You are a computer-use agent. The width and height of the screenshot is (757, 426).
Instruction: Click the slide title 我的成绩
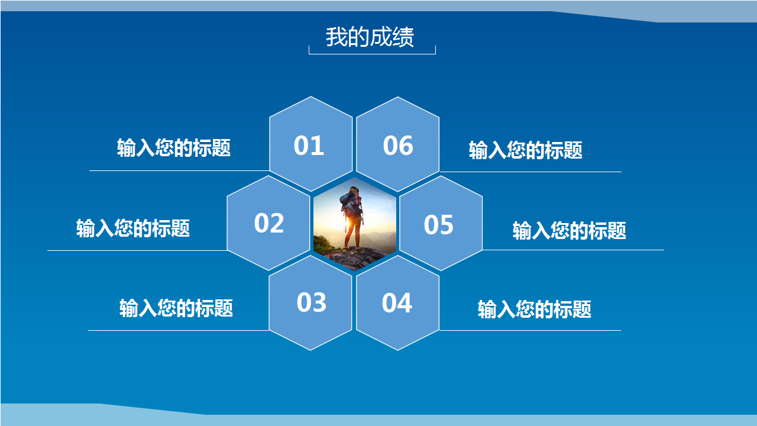[x=370, y=37]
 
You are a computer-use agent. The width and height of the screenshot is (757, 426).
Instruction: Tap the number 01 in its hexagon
[x=309, y=146]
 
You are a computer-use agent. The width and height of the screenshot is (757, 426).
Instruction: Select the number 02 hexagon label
[x=269, y=223]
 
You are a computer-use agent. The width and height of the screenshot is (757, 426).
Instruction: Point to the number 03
[x=311, y=302]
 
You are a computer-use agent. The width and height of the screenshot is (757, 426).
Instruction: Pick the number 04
[x=397, y=303]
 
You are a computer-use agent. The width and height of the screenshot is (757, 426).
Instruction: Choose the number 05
[x=439, y=224]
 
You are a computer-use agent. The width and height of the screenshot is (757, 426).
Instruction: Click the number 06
[x=398, y=146]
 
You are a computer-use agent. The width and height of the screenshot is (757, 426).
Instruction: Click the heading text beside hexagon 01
[x=174, y=148]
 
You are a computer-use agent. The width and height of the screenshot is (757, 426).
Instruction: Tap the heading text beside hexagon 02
[x=133, y=228]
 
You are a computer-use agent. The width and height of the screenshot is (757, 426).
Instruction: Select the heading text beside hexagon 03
[x=176, y=308]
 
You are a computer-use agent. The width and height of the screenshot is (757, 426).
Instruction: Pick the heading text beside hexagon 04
[x=534, y=309]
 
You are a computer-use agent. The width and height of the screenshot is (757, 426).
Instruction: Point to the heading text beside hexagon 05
[x=570, y=231]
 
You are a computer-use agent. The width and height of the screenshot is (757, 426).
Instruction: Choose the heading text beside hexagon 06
[x=526, y=150]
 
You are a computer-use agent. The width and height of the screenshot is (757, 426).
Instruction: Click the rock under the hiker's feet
[x=354, y=259]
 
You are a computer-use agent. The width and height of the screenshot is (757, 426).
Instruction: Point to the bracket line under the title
[x=372, y=54]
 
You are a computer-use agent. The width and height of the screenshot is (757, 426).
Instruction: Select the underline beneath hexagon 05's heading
[x=573, y=250]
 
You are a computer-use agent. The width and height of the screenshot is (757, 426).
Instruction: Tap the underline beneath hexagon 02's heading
[x=137, y=250]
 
